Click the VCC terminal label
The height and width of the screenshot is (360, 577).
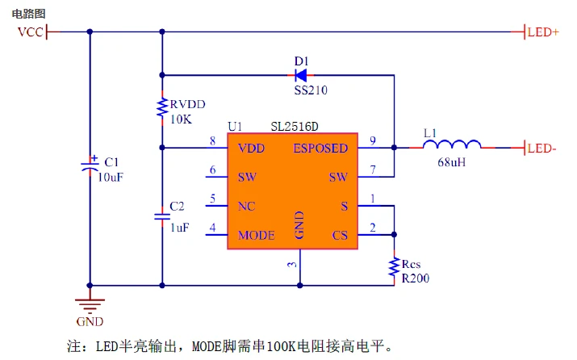31,32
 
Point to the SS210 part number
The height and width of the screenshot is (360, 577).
311,90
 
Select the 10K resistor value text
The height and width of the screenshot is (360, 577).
181,119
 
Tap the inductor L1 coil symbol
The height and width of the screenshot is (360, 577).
453,146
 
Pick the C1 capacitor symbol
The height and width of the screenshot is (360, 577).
90,165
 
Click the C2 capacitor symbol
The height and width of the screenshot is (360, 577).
162,216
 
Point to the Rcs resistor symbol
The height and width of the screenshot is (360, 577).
395,267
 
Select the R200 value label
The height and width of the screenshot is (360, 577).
416,278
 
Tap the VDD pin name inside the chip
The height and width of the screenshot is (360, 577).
251,149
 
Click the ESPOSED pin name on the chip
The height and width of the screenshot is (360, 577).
320,149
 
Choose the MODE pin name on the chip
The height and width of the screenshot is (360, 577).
257,236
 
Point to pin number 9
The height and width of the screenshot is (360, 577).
372,141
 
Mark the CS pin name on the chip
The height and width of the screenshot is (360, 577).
340,236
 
